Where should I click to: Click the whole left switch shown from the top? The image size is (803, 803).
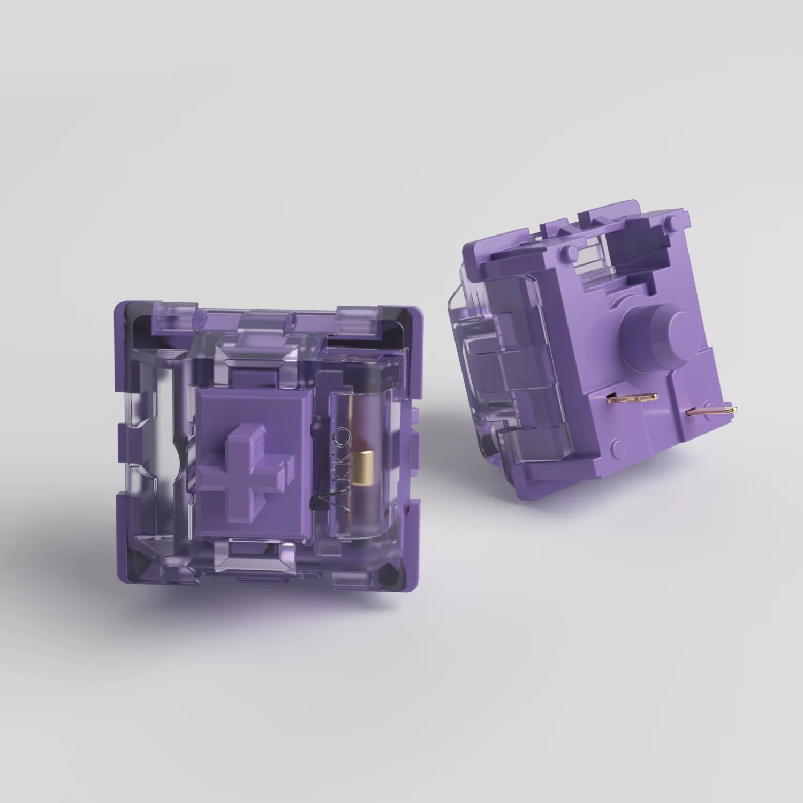coord(268,444)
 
